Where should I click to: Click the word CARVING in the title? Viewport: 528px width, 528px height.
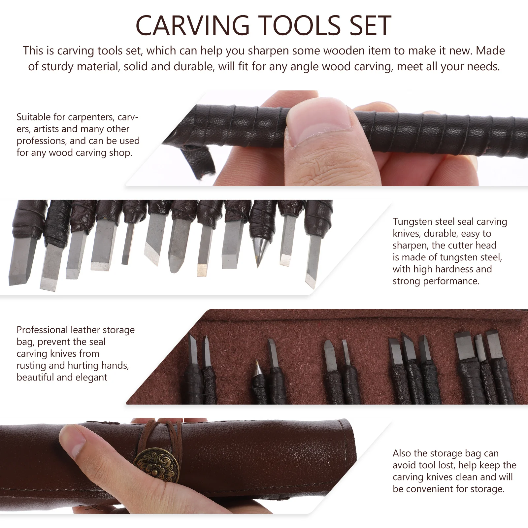[x=192, y=26]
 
